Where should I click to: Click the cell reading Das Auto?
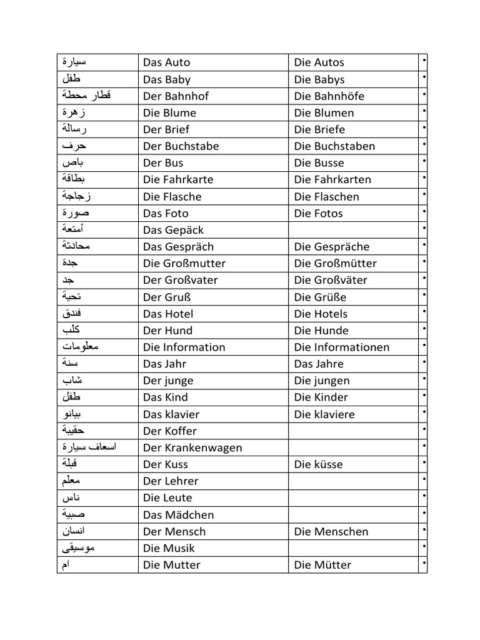tap(167, 62)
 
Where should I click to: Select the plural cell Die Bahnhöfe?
tap(329, 96)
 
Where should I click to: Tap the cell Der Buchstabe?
tap(181, 146)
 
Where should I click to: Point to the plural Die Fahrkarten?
tap(332, 180)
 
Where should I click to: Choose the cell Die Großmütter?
tap(336, 264)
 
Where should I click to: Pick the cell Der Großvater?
tap(181, 280)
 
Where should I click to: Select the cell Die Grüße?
tap(320, 297)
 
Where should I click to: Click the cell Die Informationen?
tap(342, 347)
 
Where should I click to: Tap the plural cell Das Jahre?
tap(319, 364)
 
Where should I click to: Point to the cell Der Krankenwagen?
tap(192, 447)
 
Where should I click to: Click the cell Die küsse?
tap(319, 464)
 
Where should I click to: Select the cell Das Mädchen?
tap(179, 515)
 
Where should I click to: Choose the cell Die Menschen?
tap(331, 532)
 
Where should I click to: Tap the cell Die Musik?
tap(169, 549)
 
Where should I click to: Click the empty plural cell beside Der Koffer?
tap(353, 431)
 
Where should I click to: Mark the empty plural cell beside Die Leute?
tap(353, 498)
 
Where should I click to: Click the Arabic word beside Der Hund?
tap(71, 330)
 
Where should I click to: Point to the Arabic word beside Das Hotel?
tap(72, 313)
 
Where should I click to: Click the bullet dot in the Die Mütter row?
tap(424, 563)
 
